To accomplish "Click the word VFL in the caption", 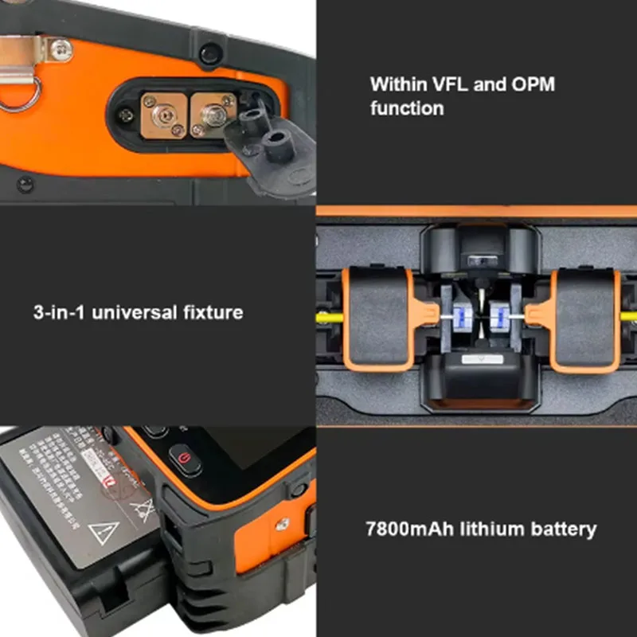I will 451,84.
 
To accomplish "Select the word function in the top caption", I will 407,108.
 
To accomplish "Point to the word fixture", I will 208,312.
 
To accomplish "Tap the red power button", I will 184,459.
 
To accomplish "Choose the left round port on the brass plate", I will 163,114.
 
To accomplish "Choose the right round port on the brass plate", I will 213,114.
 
